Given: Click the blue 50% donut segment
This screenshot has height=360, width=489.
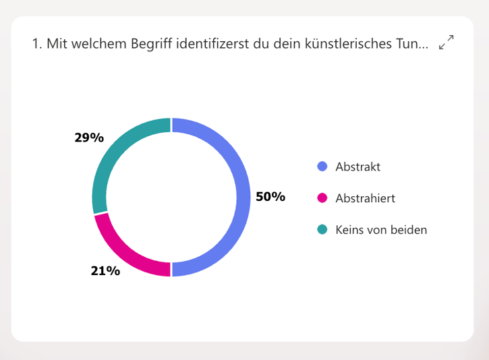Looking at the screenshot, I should pyautogui.click(x=243, y=197).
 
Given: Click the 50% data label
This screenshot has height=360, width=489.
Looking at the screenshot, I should pyautogui.click(x=270, y=197).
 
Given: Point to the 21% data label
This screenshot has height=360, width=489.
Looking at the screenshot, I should pyautogui.click(x=105, y=271).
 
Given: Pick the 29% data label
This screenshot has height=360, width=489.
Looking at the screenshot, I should pyautogui.click(x=89, y=138).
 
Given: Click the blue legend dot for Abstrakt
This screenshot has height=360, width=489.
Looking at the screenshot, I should pyautogui.click(x=322, y=167).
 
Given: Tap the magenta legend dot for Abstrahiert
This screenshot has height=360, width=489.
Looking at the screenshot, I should pyautogui.click(x=322, y=198).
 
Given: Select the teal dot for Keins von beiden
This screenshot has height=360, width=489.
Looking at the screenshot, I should pyautogui.click(x=322, y=230).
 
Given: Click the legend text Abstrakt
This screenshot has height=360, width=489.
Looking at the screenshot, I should pyautogui.click(x=357, y=167).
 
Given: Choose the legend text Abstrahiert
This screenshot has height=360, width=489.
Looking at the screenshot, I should pyautogui.click(x=365, y=198).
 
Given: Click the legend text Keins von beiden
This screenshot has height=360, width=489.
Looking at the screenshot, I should pyautogui.click(x=381, y=230).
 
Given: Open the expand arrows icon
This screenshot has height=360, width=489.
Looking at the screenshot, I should pyautogui.click(x=446, y=42).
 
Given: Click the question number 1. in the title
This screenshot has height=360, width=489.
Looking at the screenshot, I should pyautogui.click(x=36, y=44).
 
